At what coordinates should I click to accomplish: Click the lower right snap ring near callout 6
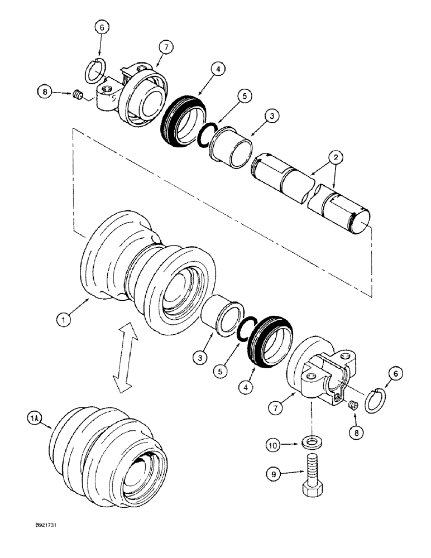(375, 400)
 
